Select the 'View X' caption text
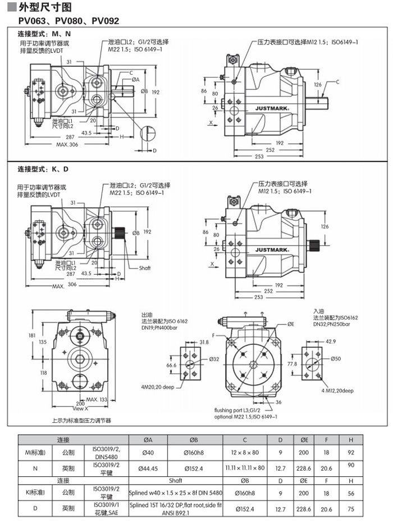[81, 408]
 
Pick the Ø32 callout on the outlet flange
[214, 359]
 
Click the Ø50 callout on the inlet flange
[336, 359]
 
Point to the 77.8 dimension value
[293, 364]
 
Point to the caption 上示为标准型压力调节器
[81, 420]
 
